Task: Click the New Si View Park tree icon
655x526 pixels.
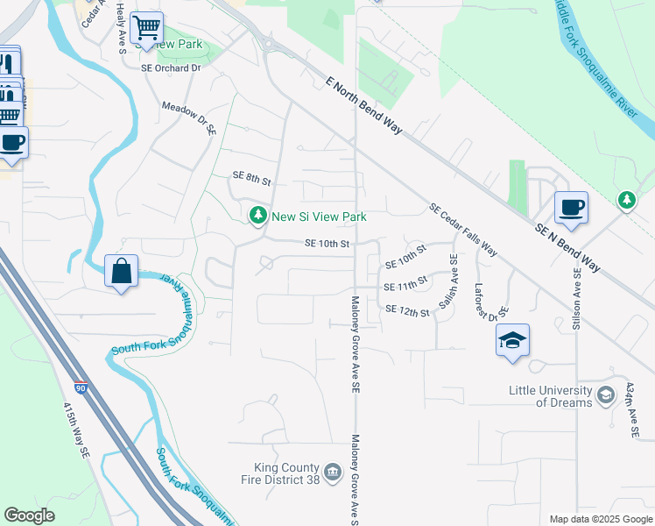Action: click(257, 216)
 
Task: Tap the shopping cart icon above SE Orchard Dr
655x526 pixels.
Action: click(145, 27)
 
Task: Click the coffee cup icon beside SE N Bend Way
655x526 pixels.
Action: click(571, 209)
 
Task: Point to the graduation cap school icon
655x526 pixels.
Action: click(512, 340)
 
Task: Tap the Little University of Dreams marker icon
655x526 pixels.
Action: click(605, 396)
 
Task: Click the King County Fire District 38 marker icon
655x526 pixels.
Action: click(332, 473)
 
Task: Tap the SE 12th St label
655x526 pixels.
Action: click(407, 310)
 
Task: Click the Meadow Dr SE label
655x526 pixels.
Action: click(188, 117)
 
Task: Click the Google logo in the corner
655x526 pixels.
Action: click(30, 515)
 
